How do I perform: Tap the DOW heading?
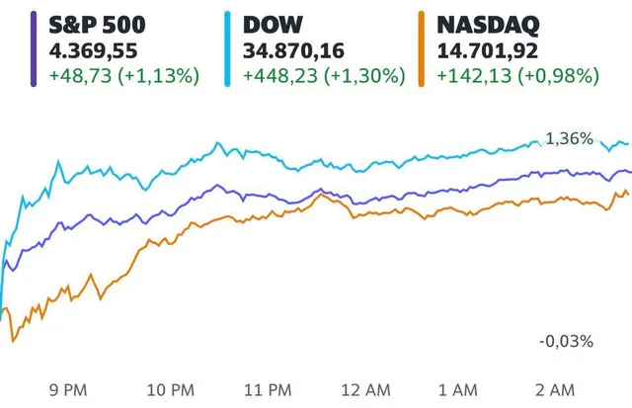point(275,23)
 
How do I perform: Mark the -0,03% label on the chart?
point(566,341)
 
